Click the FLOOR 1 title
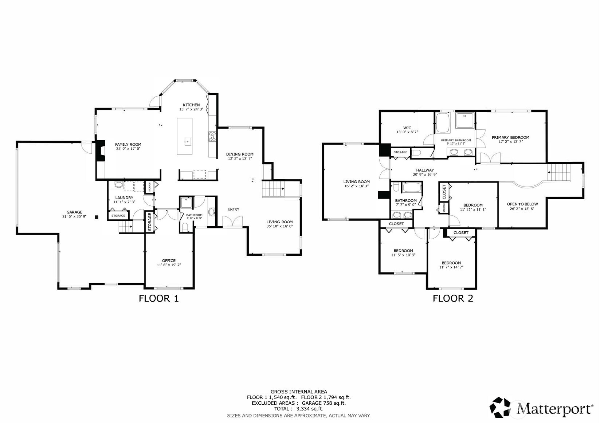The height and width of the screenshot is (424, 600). pos(158,298)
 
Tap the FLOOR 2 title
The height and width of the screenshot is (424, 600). pos(453,298)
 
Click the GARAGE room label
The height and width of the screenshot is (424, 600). pos(74,212)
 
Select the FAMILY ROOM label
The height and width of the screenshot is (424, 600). pos(128,144)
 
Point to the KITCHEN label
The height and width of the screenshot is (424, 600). pos(191,105)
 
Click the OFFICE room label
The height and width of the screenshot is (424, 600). pos(169,260)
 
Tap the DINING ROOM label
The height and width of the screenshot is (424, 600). pos(240,154)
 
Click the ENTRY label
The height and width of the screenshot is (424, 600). pos(234,209)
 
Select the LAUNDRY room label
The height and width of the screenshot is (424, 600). pos(124,198)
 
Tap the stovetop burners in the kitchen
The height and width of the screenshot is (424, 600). pos(212,136)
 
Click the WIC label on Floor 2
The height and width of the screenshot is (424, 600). pos(407,128)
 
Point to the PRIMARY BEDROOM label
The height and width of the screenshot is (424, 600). pos(510,137)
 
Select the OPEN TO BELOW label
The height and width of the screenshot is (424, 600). pos(522,204)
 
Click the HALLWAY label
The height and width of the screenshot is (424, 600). pos(425,170)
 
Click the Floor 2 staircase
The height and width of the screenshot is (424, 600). pos(559,173)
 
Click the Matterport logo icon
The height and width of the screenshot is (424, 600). pos(500,407)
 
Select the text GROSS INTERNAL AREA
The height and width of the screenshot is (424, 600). pos(299,392)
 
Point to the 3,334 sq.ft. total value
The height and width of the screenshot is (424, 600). pos(310,409)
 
